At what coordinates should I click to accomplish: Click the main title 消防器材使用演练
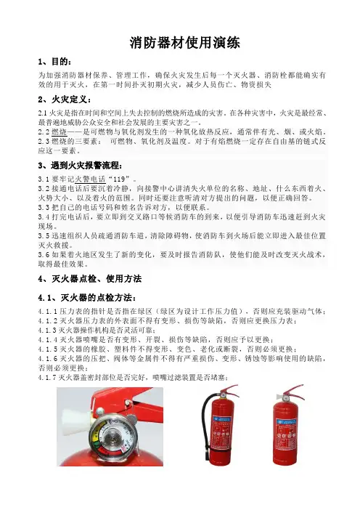[x=184, y=43]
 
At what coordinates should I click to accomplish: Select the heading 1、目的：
[x=54, y=62]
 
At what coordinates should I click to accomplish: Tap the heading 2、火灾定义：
[x=65, y=100]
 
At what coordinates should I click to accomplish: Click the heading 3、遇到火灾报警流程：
[x=81, y=166]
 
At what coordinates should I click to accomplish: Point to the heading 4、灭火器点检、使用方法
[x=90, y=279]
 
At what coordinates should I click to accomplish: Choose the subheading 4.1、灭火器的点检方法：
[x=87, y=298]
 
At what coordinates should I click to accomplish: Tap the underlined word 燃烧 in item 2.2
[x=59, y=132]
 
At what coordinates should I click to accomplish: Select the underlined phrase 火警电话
[x=90, y=179]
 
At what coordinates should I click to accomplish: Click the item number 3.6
[x=44, y=255]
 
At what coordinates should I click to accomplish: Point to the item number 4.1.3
[x=47, y=331]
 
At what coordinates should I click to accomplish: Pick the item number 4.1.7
[x=47, y=378]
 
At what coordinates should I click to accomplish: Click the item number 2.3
[x=44, y=142]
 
